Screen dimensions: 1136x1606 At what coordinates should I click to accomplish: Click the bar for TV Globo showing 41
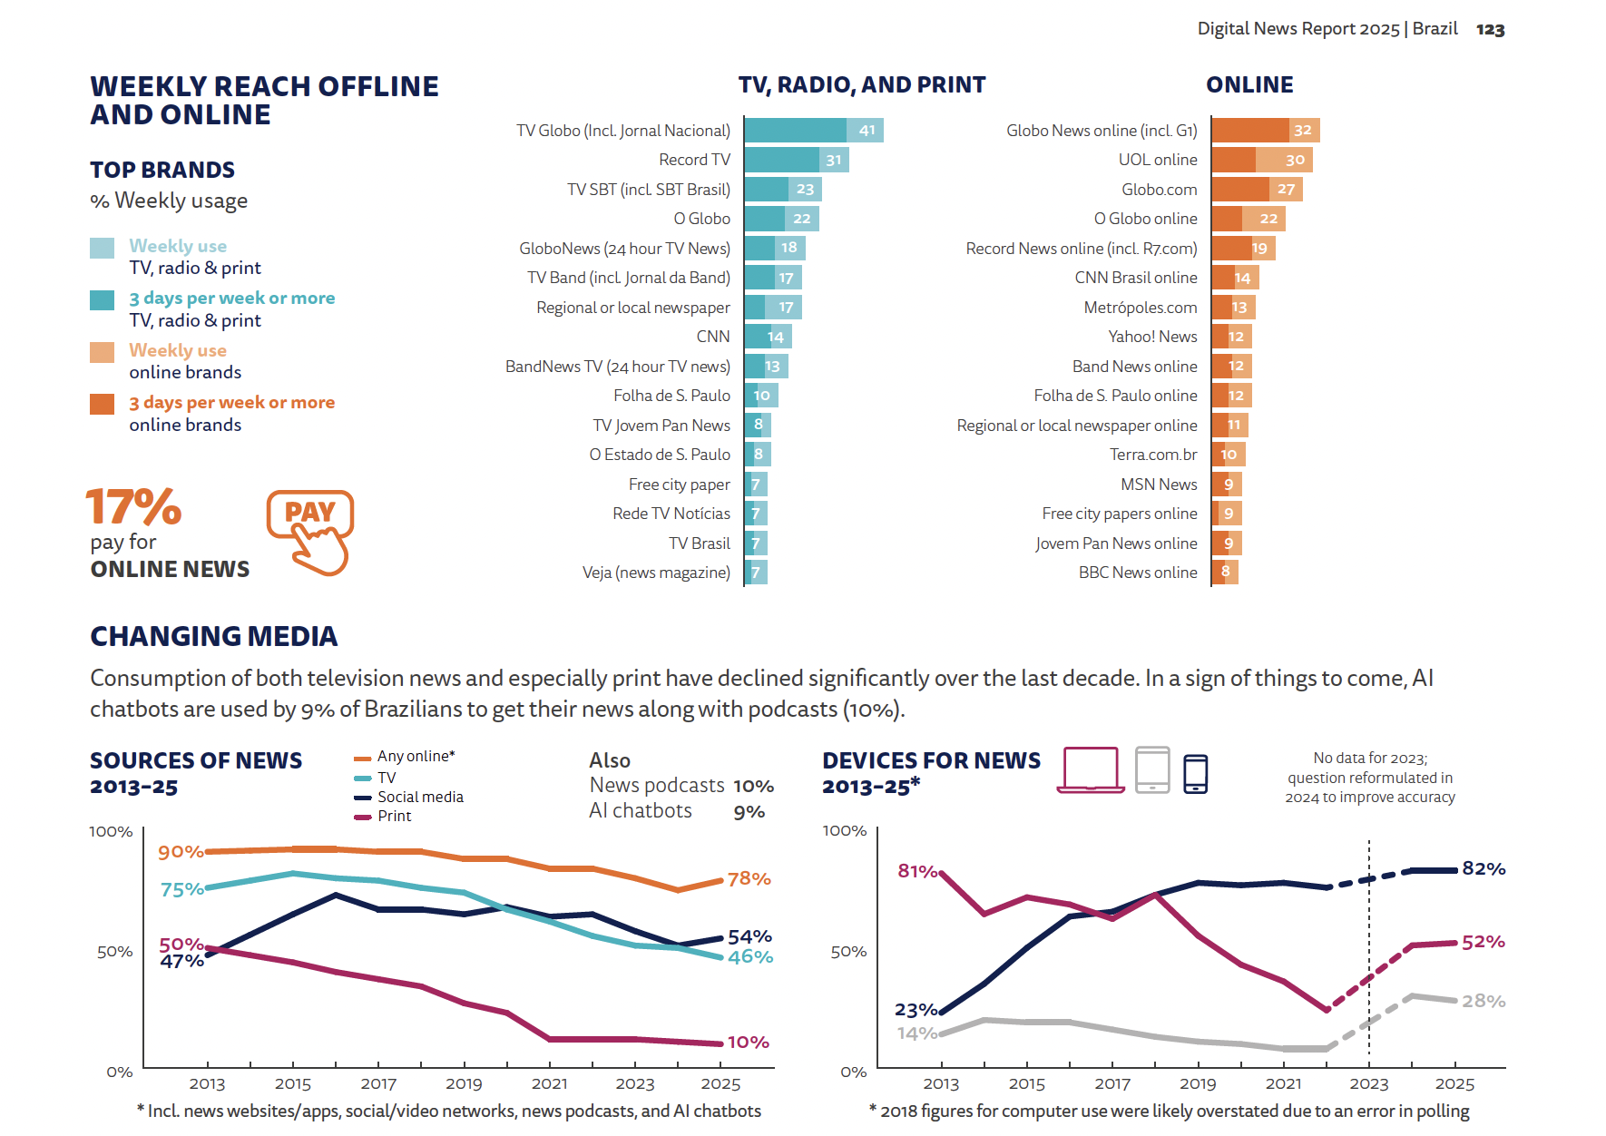pyautogui.click(x=813, y=131)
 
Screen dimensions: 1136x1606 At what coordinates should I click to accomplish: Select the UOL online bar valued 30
pyautogui.click(x=1261, y=160)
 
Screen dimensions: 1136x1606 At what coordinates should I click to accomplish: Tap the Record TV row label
pyautogui.click(x=694, y=160)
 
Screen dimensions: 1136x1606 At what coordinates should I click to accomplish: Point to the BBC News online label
pyautogui.click(x=1137, y=573)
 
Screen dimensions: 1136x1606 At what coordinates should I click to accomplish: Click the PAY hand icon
pyautogui.click(x=310, y=533)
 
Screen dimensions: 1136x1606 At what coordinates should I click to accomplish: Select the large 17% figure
pyautogui.click(x=133, y=506)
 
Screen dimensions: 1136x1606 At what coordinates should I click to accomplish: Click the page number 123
pyautogui.click(x=1490, y=30)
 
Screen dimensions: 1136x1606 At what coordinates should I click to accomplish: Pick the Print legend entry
pyautogui.click(x=394, y=816)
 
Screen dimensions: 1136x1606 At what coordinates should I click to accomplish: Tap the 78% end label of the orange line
pyautogui.click(x=749, y=878)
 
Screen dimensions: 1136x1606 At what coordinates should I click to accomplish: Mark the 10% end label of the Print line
pyautogui.click(x=748, y=1043)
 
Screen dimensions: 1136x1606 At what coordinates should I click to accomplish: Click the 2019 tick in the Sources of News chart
pyautogui.click(x=464, y=1083)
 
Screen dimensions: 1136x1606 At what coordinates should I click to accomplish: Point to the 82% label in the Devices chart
pyautogui.click(x=1484, y=868)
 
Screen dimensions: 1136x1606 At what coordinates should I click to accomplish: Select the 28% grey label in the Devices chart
pyautogui.click(x=1484, y=1001)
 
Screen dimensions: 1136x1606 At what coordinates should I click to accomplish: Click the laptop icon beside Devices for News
pyautogui.click(x=1091, y=770)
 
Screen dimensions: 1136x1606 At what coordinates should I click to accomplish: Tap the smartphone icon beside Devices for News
pyautogui.click(x=1196, y=774)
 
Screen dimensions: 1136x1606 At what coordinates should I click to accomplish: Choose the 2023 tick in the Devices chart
pyautogui.click(x=1368, y=1083)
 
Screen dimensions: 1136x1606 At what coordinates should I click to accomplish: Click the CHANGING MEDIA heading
pyautogui.click(x=214, y=636)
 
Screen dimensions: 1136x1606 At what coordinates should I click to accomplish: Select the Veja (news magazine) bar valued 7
pyautogui.click(x=756, y=573)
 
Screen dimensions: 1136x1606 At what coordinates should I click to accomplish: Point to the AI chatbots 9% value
pyautogui.click(x=749, y=812)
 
